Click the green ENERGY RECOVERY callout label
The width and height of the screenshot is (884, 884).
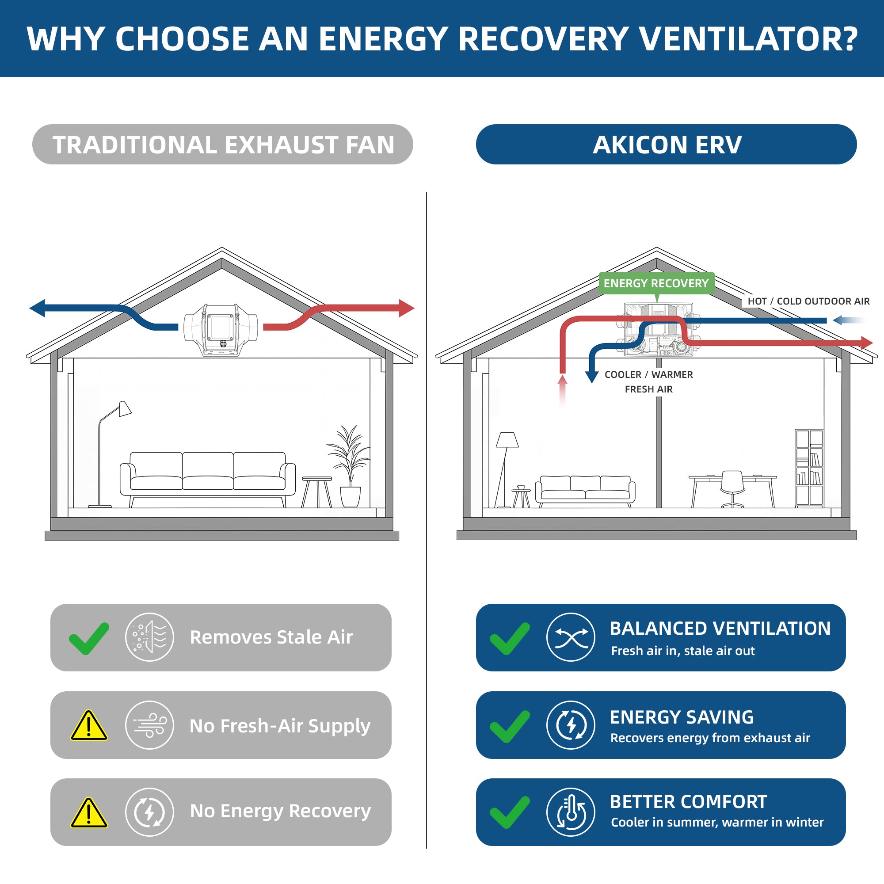coord(656,283)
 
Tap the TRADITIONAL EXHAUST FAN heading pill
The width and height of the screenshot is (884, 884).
coord(223,145)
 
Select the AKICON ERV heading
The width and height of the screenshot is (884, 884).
coord(667,145)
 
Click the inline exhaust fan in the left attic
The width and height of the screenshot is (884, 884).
coord(221,329)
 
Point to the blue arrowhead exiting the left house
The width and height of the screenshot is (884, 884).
coord(37,308)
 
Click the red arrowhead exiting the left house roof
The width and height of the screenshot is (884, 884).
coord(407,308)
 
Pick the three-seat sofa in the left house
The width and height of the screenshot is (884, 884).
coord(208,479)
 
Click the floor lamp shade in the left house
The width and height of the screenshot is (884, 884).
coord(125,408)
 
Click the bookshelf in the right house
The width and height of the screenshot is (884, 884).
coord(809,468)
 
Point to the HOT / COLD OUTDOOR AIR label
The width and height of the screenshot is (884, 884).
coord(808,301)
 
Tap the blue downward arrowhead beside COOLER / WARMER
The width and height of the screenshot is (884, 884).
coord(592,377)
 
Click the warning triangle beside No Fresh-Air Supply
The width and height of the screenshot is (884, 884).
coord(89,725)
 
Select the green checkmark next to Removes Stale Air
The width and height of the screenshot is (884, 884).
coord(89,638)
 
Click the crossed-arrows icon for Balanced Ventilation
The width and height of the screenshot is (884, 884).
coord(571,637)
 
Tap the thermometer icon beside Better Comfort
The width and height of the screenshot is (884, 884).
coord(571,812)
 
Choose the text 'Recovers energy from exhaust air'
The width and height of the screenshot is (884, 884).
coord(710,738)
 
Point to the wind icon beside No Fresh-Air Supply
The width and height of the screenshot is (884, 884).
coord(150,725)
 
